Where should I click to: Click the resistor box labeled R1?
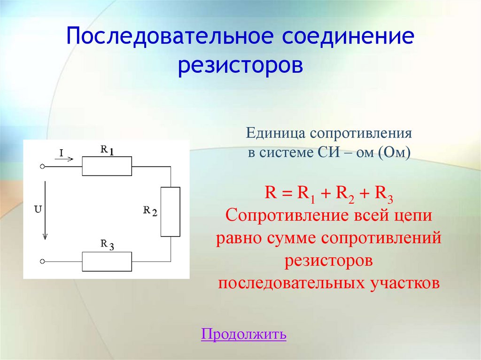click(107, 166)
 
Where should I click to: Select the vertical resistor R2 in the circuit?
click(170, 211)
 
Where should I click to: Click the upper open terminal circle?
click(42, 167)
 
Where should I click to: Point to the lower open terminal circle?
click(42, 261)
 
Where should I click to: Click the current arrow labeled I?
click(64, 159)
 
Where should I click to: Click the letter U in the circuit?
click(37, 210)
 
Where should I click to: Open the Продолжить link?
click(243, 334)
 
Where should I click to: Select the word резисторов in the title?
click(240, 65)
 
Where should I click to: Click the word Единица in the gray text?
click(275, 134)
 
